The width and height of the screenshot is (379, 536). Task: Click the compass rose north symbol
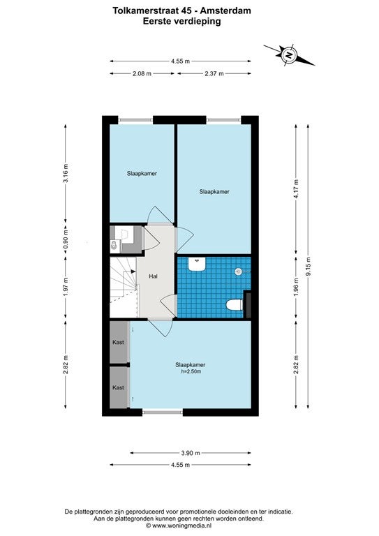[x=290, y=55]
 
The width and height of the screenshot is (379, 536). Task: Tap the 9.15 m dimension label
[x=308, y=267]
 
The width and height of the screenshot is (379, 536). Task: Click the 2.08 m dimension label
[x=142, y=73]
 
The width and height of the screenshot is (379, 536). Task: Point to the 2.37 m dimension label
[x=214, y=73]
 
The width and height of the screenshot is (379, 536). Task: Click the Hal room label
[x=154, y=276]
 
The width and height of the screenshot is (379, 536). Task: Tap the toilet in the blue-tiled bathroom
[x=235, y=304]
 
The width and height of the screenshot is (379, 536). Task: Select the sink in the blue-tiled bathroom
[x=197, y=265]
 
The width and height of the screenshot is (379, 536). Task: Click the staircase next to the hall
[x=124, y=288]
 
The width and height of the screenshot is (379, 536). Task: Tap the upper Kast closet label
[x=118, y=342]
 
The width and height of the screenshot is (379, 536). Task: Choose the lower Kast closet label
[x=118, y=387]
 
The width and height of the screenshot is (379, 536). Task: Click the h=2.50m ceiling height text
[x=191, y=371]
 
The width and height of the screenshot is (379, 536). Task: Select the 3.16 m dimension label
[x=66, y=173]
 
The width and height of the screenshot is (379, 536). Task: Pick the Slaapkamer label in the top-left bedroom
[x=142, y=173]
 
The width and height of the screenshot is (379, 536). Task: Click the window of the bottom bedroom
[x=163, y=412]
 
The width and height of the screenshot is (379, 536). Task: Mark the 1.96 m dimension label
[x=296, y=287]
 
